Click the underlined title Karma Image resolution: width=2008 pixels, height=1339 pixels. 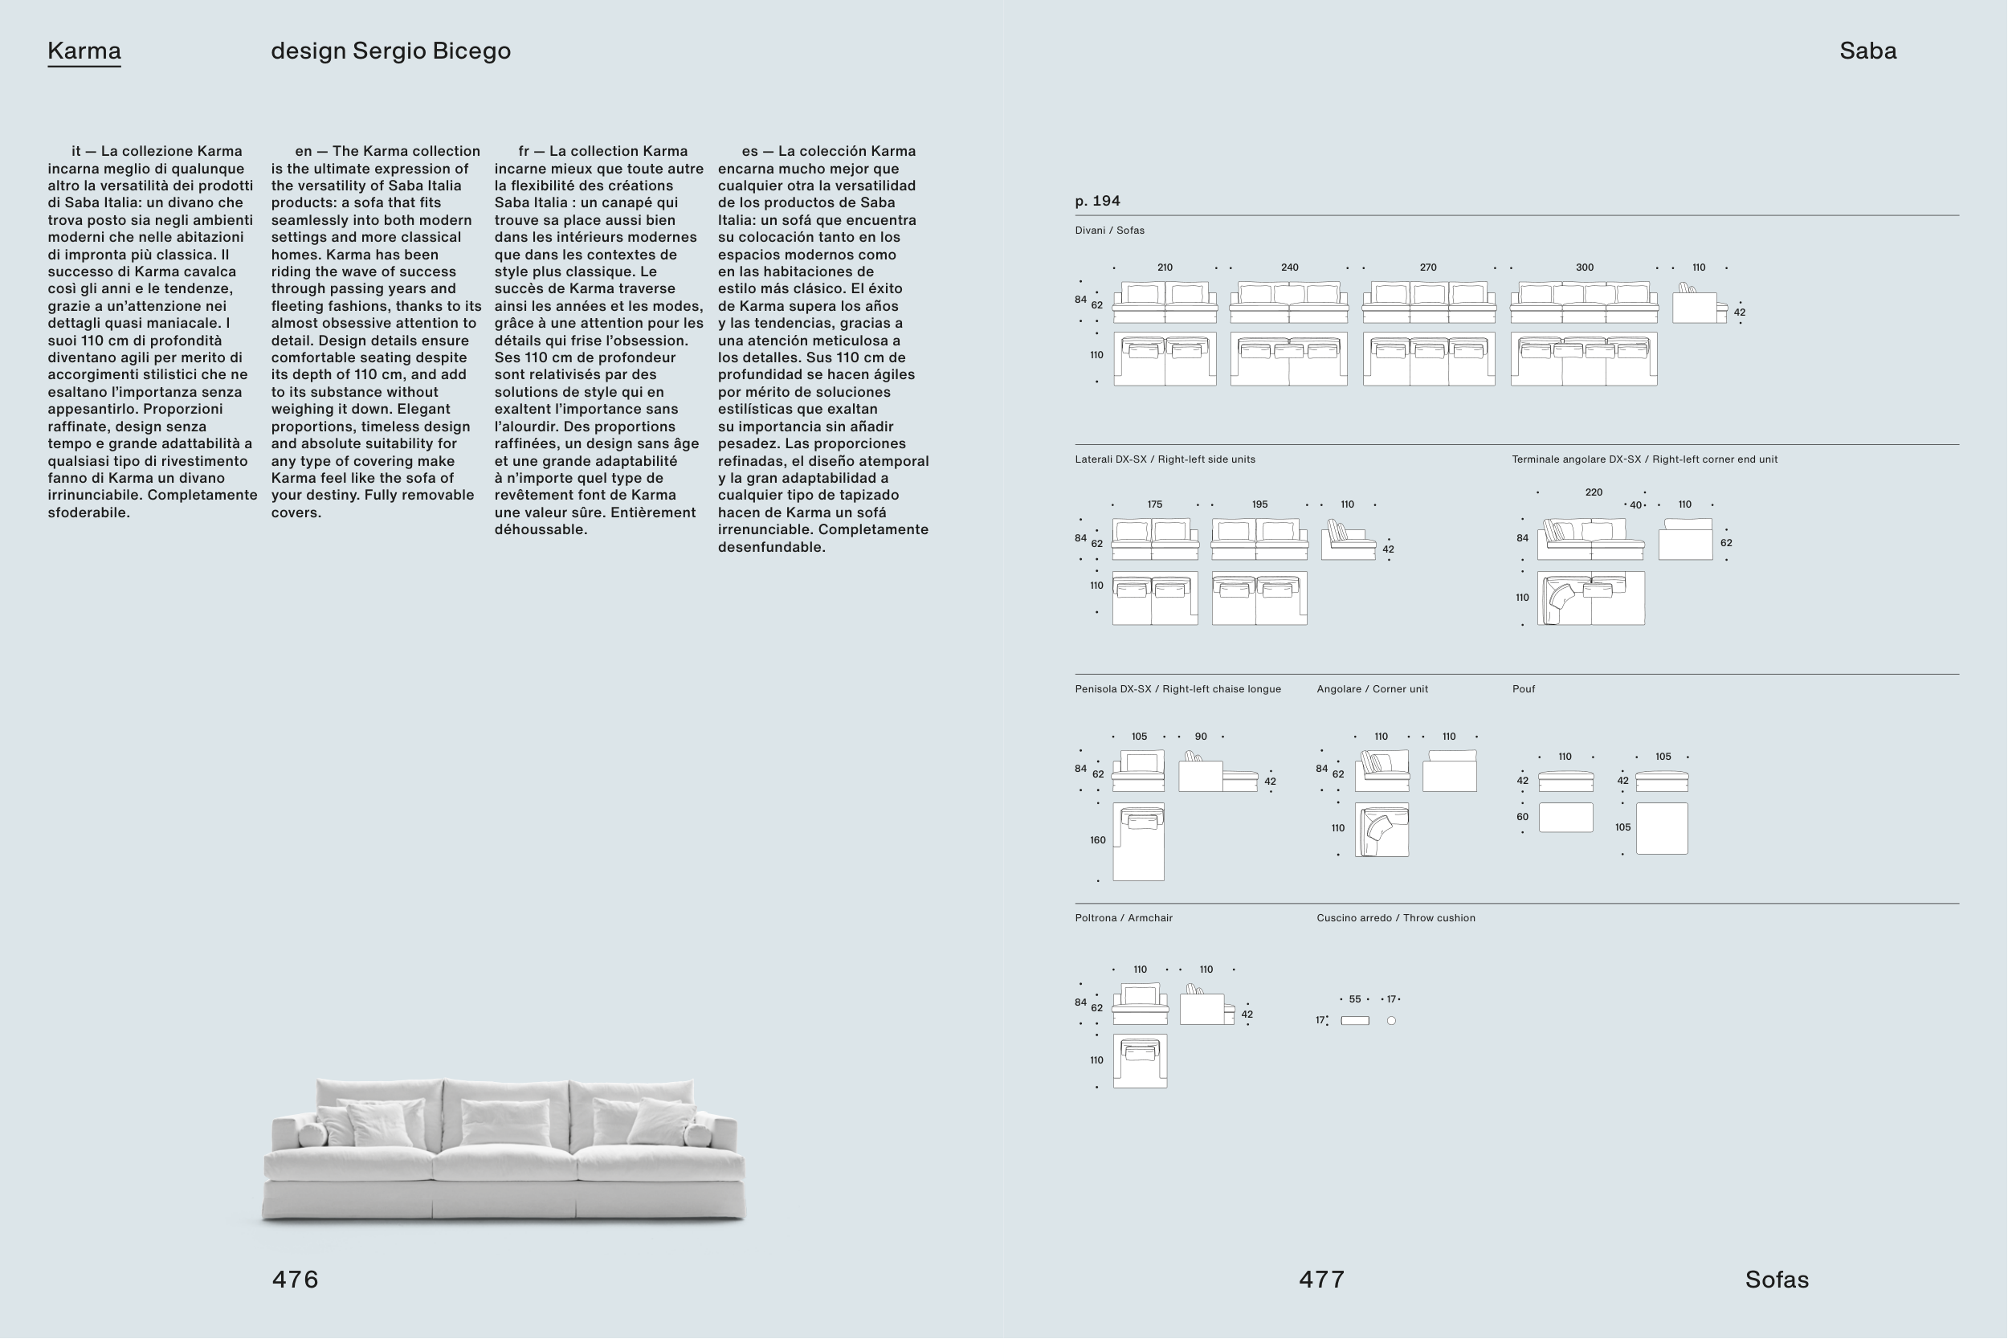tap(84, 51)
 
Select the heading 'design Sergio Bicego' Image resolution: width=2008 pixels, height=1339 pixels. tap(390, 51)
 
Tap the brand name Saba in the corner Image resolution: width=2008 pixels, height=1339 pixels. tap(1867, 51)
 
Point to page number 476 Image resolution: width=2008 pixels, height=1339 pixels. tap(295, 1280)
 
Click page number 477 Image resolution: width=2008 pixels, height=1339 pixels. tap(1321, 1280)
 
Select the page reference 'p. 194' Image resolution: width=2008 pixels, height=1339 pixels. tap(1097, 201)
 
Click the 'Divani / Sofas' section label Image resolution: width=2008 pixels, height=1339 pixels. tap(1109, 231)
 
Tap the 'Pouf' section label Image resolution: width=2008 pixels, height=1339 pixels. tap(1523, 689)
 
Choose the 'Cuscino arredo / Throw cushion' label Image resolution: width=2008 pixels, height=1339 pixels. tap(1395, 918)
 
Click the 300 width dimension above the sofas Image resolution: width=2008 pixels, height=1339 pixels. tap(1584, 267)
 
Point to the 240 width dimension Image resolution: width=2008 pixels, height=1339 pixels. tap(1289, 267)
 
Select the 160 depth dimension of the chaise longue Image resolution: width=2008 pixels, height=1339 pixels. tap(1097, 840)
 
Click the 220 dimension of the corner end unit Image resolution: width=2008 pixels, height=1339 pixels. tap(1593, 492)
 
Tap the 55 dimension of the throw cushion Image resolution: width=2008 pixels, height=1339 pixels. tap(1355, 999)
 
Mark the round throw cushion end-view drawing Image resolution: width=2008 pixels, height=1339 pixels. tap(1391, 1020)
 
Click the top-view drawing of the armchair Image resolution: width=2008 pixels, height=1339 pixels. tap(1140, 1061)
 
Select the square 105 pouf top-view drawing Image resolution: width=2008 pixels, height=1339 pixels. tap(1661, 828)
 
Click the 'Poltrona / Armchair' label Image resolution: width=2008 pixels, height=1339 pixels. tap(1124, 918)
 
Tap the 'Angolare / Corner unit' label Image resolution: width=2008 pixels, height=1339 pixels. tap(1371, 689)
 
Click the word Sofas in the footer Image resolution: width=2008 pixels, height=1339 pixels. tap(1776, 1280)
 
